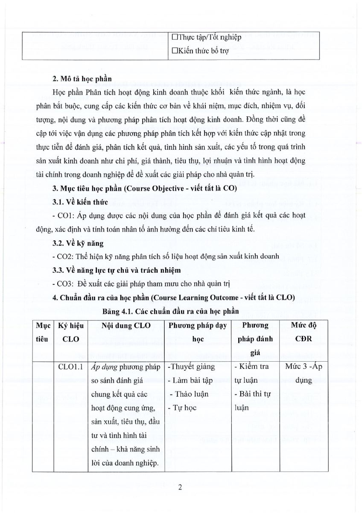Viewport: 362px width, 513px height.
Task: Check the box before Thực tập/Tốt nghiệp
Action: (174, 37)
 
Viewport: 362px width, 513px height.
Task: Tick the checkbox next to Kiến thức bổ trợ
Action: (174, 50)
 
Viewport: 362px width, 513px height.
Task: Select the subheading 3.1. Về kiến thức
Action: (74, 202)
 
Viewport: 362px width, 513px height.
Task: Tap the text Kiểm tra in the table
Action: (254, 366)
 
